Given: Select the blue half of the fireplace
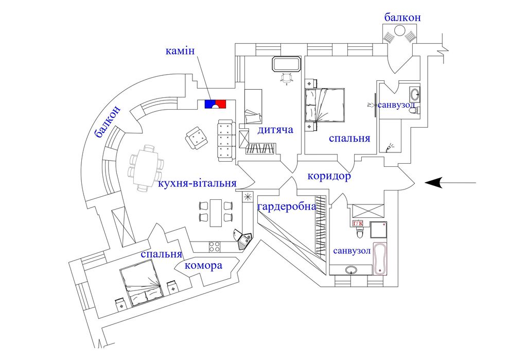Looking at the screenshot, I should point(210,104).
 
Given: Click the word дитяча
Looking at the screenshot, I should point(276,129).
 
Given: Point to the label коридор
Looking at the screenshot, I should point(329,176).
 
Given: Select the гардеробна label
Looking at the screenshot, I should point(287,207).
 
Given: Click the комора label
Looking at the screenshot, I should point(203,266).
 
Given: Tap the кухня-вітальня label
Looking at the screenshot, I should point(198,183).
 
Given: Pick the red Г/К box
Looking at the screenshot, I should point(358,224).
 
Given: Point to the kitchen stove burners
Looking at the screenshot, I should point(215,247).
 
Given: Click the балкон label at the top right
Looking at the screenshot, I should point(402,18).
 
